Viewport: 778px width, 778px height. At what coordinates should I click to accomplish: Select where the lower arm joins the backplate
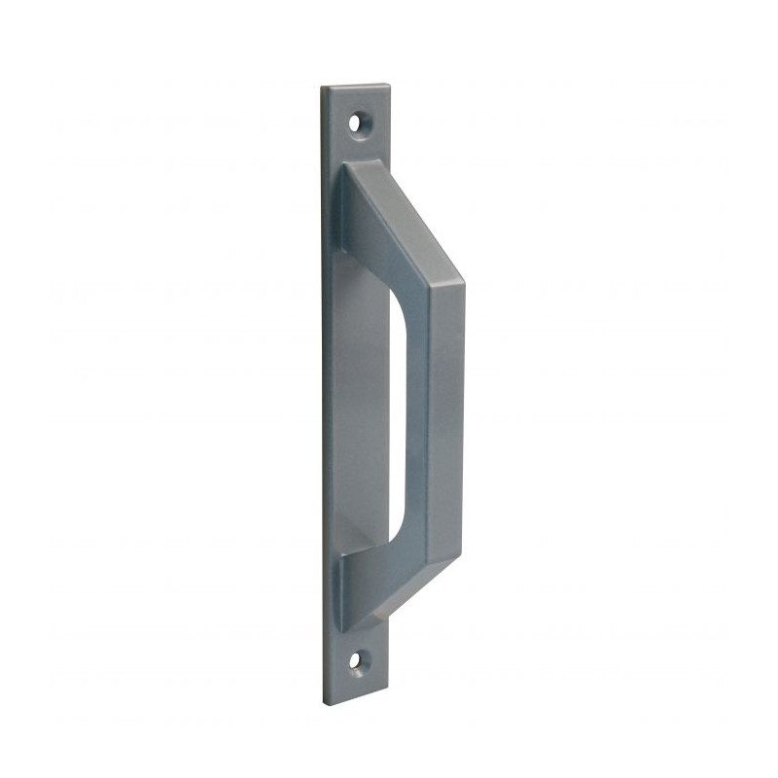[x=342, y=583]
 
